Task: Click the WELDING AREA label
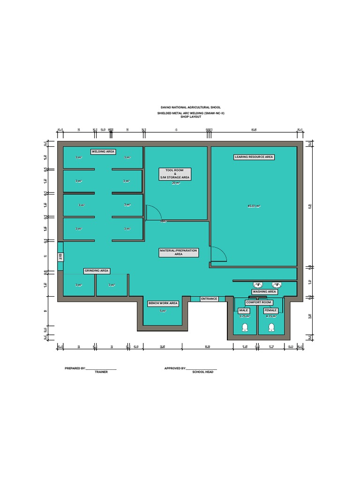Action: click(x=103, y=151)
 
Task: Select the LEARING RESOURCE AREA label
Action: click(x=254, y=157)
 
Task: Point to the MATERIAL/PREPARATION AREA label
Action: click(x=178, y=252)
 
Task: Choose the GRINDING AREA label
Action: click(x=97, y=271)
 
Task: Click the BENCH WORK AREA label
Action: click(x=163, y=303)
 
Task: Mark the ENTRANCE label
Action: click(x=209, y=299)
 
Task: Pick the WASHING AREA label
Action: click(x=264, y=292)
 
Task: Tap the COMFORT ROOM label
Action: click(x=259, y=302)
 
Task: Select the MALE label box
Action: click(x=244, y=310)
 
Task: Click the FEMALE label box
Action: click(x=271, y=310)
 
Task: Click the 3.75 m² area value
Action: click(x=245, y=316)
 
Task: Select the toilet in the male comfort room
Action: click(x=244, y=329)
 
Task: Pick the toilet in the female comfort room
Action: click(x=271, y=329)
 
